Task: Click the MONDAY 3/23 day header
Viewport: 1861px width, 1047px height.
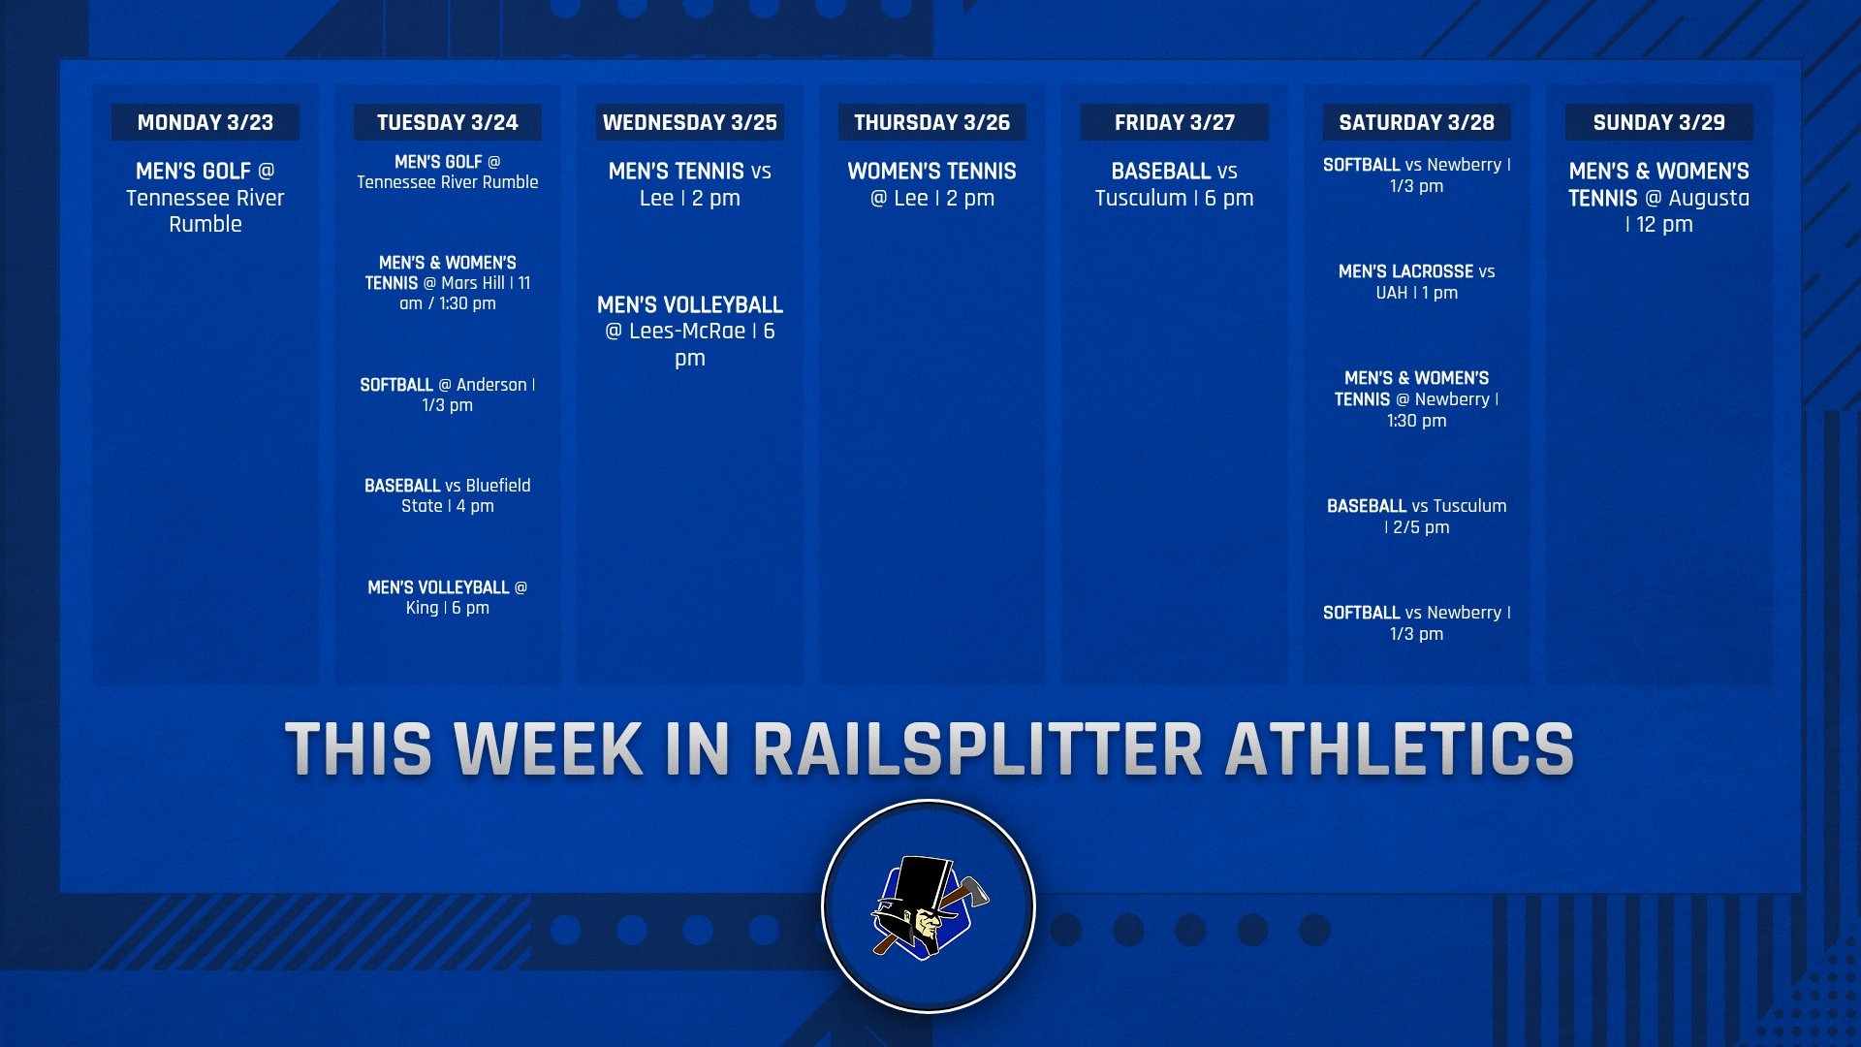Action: [x=205, y=122]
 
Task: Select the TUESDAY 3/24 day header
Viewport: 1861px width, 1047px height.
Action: [x=447, y=122]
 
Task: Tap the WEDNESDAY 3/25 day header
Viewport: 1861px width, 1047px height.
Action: [x=689, y=122]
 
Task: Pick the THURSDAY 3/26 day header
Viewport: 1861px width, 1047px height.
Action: [x=931, y=122]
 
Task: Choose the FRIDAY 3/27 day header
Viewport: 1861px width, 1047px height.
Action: [x=1174, y=122]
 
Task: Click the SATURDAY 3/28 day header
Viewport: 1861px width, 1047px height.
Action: [x=1416, y=122]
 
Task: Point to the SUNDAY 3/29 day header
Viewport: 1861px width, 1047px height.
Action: [x=1658, y=122]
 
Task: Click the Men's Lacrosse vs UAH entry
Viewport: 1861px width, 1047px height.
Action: [x=1416, y=282]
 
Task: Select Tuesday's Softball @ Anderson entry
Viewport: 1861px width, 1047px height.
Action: [x=447, y=395]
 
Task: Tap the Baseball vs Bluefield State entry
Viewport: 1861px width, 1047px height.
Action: [x=447, y=495]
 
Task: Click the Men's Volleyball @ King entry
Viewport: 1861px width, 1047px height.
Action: [x=447, y=597]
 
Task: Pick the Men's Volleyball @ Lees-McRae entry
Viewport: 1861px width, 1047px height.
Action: [x=689, y=331]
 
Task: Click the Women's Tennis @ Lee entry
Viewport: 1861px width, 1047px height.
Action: [x=931, y=184]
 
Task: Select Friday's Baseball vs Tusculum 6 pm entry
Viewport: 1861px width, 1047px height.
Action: [x=1174, y=184]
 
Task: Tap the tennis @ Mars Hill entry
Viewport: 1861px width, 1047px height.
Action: [x=447, y=283]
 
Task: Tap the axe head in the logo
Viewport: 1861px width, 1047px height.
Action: [x=974, y=890]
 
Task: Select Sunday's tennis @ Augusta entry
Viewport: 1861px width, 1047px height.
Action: [x=1658, y=198]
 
